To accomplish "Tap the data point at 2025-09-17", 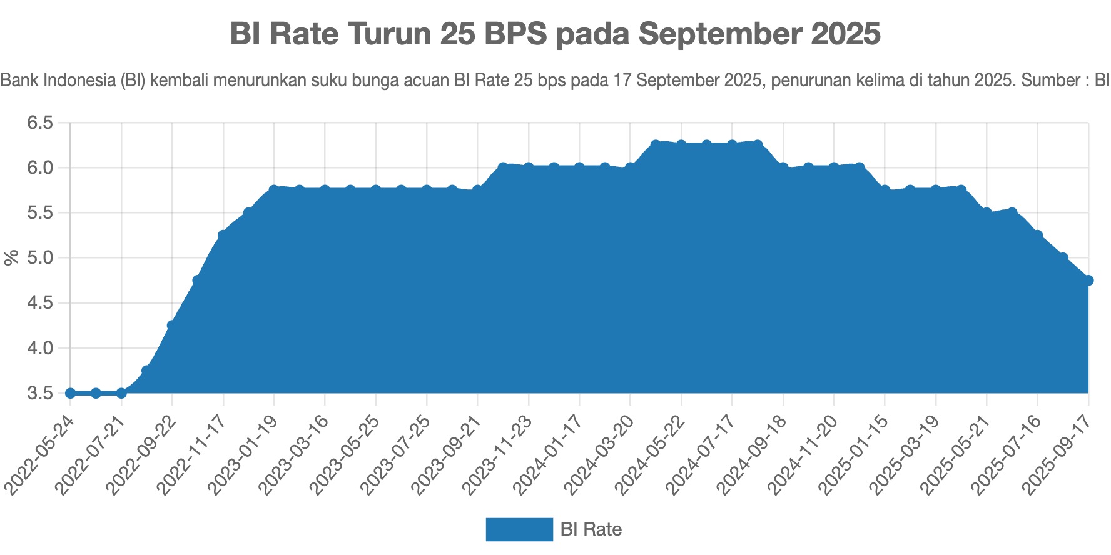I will coord(1088,280).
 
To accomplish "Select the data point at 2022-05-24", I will coord(71,393).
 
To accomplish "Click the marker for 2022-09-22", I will coord(172,325).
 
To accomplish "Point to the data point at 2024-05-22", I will coord(681,144).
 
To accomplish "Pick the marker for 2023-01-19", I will coord(274,189).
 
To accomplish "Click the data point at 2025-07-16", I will coord(1038,235).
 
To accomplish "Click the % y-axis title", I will coord(11,257).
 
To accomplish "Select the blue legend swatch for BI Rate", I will coord(519,529).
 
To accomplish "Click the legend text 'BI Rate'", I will coord(591,529).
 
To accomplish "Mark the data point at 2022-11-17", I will coord(223,235).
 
